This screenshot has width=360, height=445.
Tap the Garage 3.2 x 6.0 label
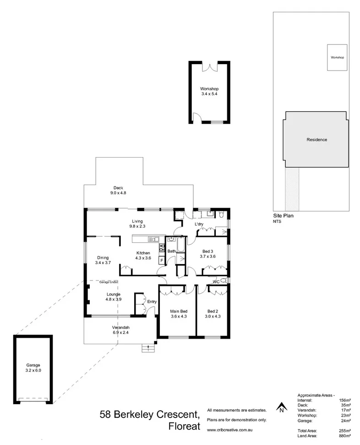click(33, 368)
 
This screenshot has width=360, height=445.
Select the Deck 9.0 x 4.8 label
click(118, 190)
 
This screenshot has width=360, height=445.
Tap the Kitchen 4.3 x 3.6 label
click(143, 255)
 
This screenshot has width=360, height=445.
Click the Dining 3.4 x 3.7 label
click(103, 260)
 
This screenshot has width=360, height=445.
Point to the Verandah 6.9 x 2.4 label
click(121, 330)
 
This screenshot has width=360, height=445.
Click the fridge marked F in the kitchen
click(161, 260)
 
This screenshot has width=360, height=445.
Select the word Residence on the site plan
click(316, 140)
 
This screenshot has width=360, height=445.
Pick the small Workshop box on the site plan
click(338, 58)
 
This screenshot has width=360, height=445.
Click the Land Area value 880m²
click(345, 436)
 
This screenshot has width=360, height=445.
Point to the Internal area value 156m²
click(345, 400)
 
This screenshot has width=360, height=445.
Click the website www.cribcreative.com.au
click(229, 430)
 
